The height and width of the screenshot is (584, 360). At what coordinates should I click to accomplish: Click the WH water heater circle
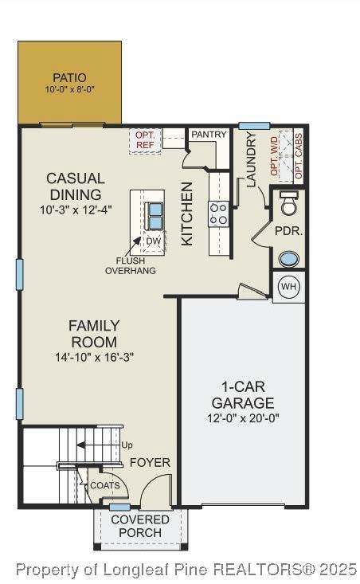click(x=289, y=286)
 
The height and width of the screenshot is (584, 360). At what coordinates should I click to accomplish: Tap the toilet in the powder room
click(x=289, y=203)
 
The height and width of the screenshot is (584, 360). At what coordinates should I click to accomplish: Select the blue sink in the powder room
click(x=289, y=259)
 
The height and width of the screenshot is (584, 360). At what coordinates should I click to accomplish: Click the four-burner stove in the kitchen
click(x=218, y=214)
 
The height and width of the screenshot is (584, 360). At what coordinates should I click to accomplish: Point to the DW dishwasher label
click(x=154, y=241)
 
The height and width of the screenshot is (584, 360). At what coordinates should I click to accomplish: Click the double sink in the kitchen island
click(x=155, y=216)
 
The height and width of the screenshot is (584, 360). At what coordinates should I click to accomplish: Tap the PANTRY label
click(x=209, y=135)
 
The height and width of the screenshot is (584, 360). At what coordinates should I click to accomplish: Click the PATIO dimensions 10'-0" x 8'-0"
click(x=70, y=90)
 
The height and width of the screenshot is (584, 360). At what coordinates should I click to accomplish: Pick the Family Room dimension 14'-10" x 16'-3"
click(x=94, y=358)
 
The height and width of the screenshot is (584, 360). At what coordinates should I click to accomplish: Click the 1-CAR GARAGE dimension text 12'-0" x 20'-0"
click(x=243, y=418)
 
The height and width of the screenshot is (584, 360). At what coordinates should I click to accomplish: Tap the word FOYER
click(x=150, y=463)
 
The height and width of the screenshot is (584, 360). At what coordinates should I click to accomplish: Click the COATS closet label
click(x=105, y=486)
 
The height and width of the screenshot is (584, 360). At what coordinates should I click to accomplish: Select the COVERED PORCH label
click(x=140, y=526)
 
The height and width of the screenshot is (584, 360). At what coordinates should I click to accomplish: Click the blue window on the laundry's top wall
click(x=254, y=126)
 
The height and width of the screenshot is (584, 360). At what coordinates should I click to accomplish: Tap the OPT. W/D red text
click(x=274, y=156)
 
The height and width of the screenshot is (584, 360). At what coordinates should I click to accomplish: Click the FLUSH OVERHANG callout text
click(x=131, y=266)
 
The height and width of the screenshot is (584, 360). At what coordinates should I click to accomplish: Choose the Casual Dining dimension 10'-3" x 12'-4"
click(x=76, y=210)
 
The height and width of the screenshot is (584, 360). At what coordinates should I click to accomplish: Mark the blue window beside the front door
click(x=120, y=507)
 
